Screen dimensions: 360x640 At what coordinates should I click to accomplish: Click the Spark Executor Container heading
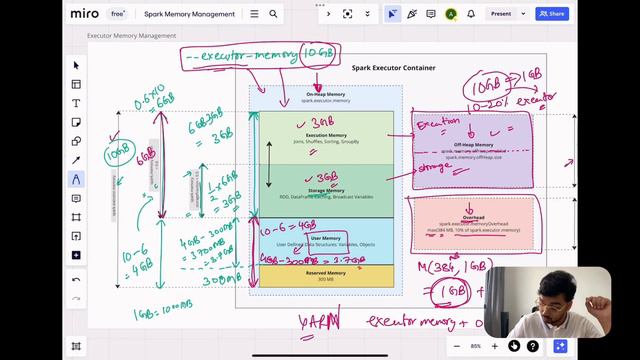(392, 67)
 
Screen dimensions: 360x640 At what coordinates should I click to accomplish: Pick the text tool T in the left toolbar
(76, 103)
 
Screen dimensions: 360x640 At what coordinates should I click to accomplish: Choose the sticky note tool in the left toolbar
(76, 122)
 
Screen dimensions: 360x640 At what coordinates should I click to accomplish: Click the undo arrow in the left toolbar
(76, 280)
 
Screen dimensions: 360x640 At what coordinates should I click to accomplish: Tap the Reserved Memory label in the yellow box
(326, 272)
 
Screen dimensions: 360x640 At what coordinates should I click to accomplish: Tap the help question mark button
(533, 346)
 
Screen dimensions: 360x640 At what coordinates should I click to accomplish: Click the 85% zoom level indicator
(475, 346)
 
